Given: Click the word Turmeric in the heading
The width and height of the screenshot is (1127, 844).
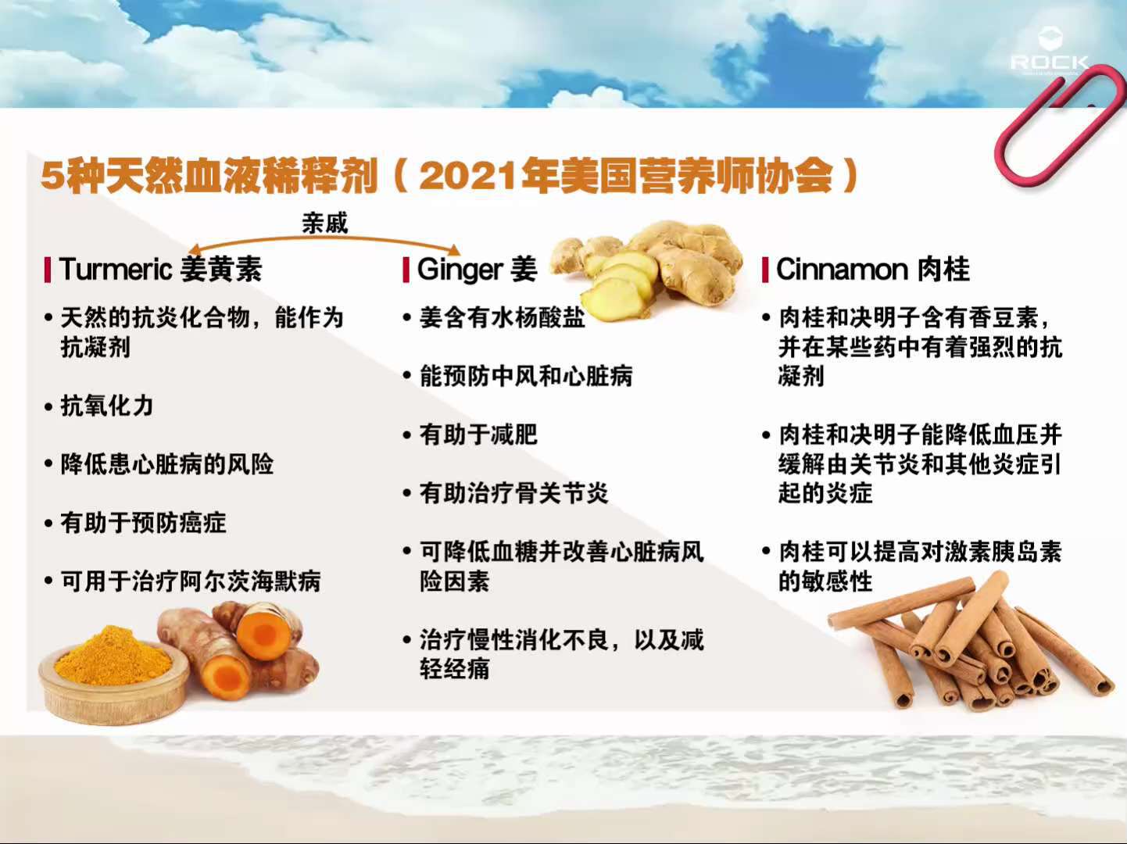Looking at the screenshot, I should (115, 269).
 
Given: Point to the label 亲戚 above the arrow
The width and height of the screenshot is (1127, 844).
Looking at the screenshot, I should (324, 223).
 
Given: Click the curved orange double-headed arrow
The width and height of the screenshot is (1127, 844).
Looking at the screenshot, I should (324, 240).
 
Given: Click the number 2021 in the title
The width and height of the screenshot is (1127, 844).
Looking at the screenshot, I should (468, 176).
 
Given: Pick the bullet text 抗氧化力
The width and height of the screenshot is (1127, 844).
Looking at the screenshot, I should (107, 406).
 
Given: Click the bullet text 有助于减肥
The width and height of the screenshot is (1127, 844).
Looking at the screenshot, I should (478, 435).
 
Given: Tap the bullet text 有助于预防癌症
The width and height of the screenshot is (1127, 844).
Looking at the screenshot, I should (143, 523).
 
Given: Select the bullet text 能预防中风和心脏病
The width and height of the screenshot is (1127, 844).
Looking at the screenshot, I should (526, 376).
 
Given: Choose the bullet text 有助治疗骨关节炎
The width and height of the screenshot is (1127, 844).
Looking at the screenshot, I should (513, 493).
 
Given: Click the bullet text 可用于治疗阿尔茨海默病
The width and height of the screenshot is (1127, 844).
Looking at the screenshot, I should (191, 581).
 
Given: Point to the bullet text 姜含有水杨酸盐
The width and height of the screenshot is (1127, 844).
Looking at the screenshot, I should (502, 317).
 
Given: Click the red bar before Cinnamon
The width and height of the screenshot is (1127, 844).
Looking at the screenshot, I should (766, 270).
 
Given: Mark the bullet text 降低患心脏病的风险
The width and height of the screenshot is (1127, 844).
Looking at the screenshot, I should (167, 464).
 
